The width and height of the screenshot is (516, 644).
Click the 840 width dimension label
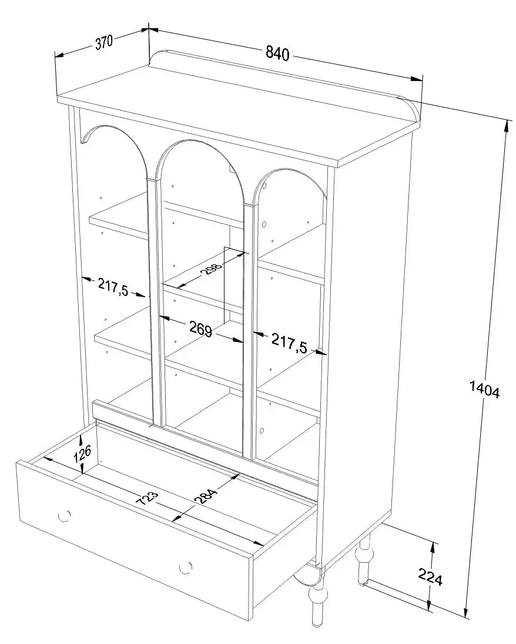click(277, 53)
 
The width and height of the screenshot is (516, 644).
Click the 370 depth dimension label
click(104, 42)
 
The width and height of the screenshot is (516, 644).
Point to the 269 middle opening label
click(200, 329)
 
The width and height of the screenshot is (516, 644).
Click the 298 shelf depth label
click(213, 270)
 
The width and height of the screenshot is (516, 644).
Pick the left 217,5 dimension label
click(113, 286)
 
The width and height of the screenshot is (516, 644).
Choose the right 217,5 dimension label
click(289, 343)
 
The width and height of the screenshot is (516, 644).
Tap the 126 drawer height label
click(83, 455)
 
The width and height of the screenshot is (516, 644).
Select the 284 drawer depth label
click(206, 496)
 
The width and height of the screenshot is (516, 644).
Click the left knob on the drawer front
click(65, 515)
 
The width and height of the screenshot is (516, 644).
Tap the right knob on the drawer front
click(186, 568)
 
